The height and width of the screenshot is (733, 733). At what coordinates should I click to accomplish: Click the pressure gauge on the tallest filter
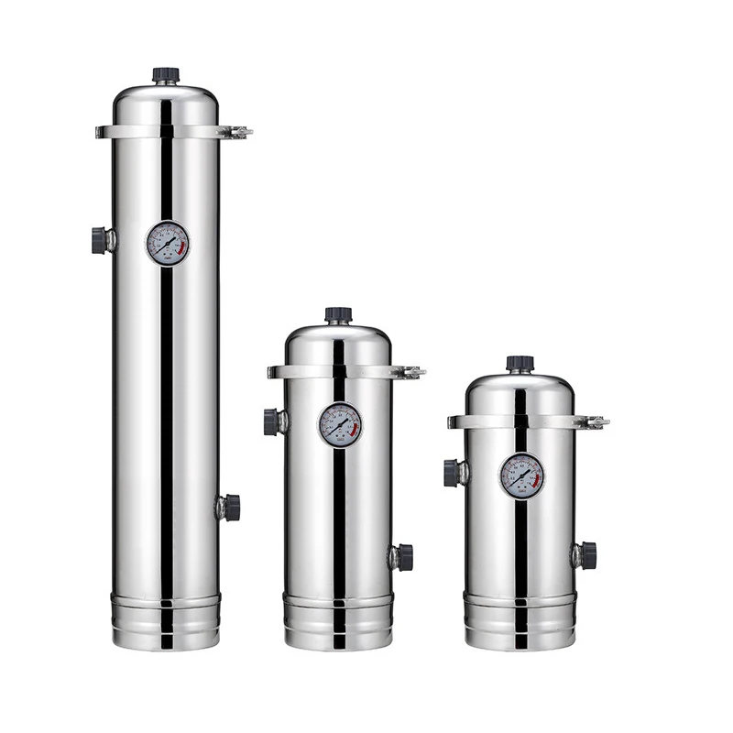click(168, 244)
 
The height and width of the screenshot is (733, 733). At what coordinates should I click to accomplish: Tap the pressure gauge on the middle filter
click(340, 425)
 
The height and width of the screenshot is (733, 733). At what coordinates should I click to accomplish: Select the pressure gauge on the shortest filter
click(521, 476)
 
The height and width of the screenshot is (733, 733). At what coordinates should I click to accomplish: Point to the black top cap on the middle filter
click(338, 315)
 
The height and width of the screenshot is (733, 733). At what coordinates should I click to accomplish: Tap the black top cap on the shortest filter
click(520, 364)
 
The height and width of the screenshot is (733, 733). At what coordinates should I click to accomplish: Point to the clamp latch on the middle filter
click(410, 372)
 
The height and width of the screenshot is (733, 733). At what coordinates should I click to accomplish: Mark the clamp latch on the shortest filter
click(595, 422)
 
